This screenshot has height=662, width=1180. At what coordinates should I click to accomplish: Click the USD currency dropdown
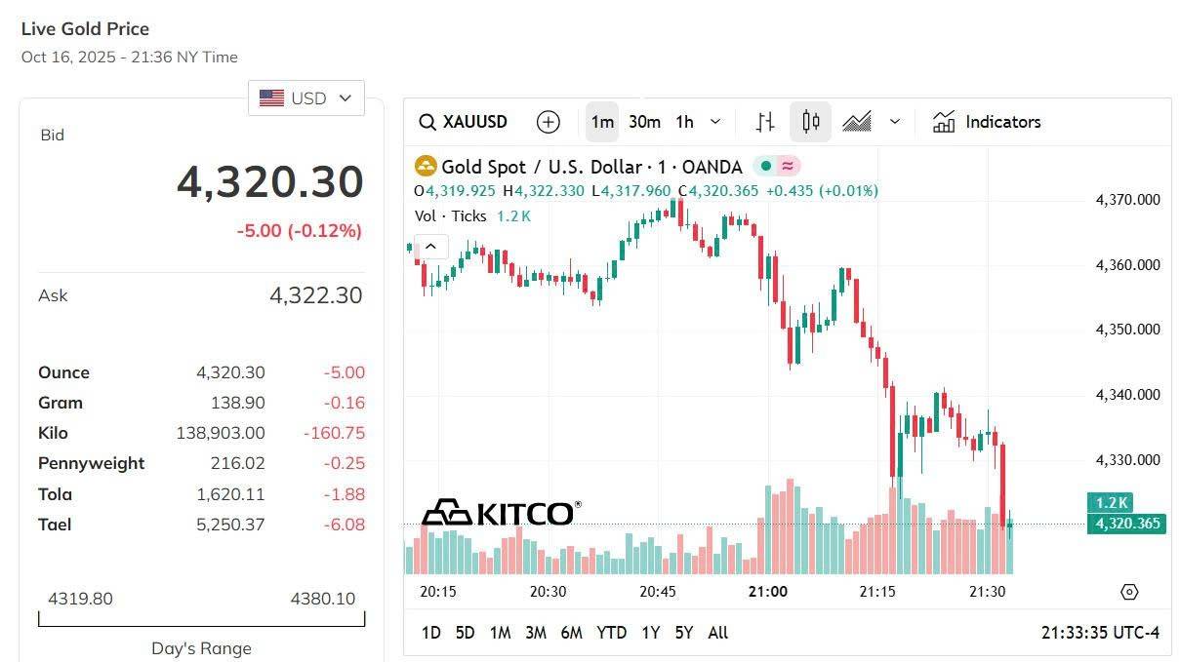click(305, 98)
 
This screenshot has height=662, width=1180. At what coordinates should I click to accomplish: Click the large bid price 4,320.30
click(269, 182)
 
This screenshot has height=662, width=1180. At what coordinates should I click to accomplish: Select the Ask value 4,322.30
click(315, 295)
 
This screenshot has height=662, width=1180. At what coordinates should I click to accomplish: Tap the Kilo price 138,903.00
click(220, 433)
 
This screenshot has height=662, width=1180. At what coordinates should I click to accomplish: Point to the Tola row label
click(55, 494)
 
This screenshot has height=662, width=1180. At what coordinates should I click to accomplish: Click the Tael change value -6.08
click(344, 525)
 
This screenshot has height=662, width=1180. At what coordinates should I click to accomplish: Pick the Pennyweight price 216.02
click(237, 463)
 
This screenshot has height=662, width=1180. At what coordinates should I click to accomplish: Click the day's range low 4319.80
click(81, 599)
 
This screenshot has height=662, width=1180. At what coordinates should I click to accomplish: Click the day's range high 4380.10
click(323, 599)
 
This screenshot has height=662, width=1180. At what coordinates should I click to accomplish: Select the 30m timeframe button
click(644, 122)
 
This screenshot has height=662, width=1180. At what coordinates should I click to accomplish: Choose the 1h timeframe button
click(685, 122)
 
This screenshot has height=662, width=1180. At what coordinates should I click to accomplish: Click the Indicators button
click(987, 122)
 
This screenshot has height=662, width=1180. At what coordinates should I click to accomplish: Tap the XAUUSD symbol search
click(464, 122)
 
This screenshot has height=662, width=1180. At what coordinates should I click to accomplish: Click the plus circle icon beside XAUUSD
click(549, 122)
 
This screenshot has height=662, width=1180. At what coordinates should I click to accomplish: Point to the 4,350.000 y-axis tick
click(1127, 330)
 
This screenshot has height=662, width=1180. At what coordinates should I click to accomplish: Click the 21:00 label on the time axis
click(768, 592)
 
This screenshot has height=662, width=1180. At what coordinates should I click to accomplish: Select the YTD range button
click(611, 633)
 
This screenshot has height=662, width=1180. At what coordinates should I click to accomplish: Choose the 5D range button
click(465, 633)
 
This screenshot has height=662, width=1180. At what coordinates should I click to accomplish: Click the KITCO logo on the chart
click(501, 512)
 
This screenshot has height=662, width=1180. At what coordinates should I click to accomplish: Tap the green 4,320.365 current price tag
click(1126, 525)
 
